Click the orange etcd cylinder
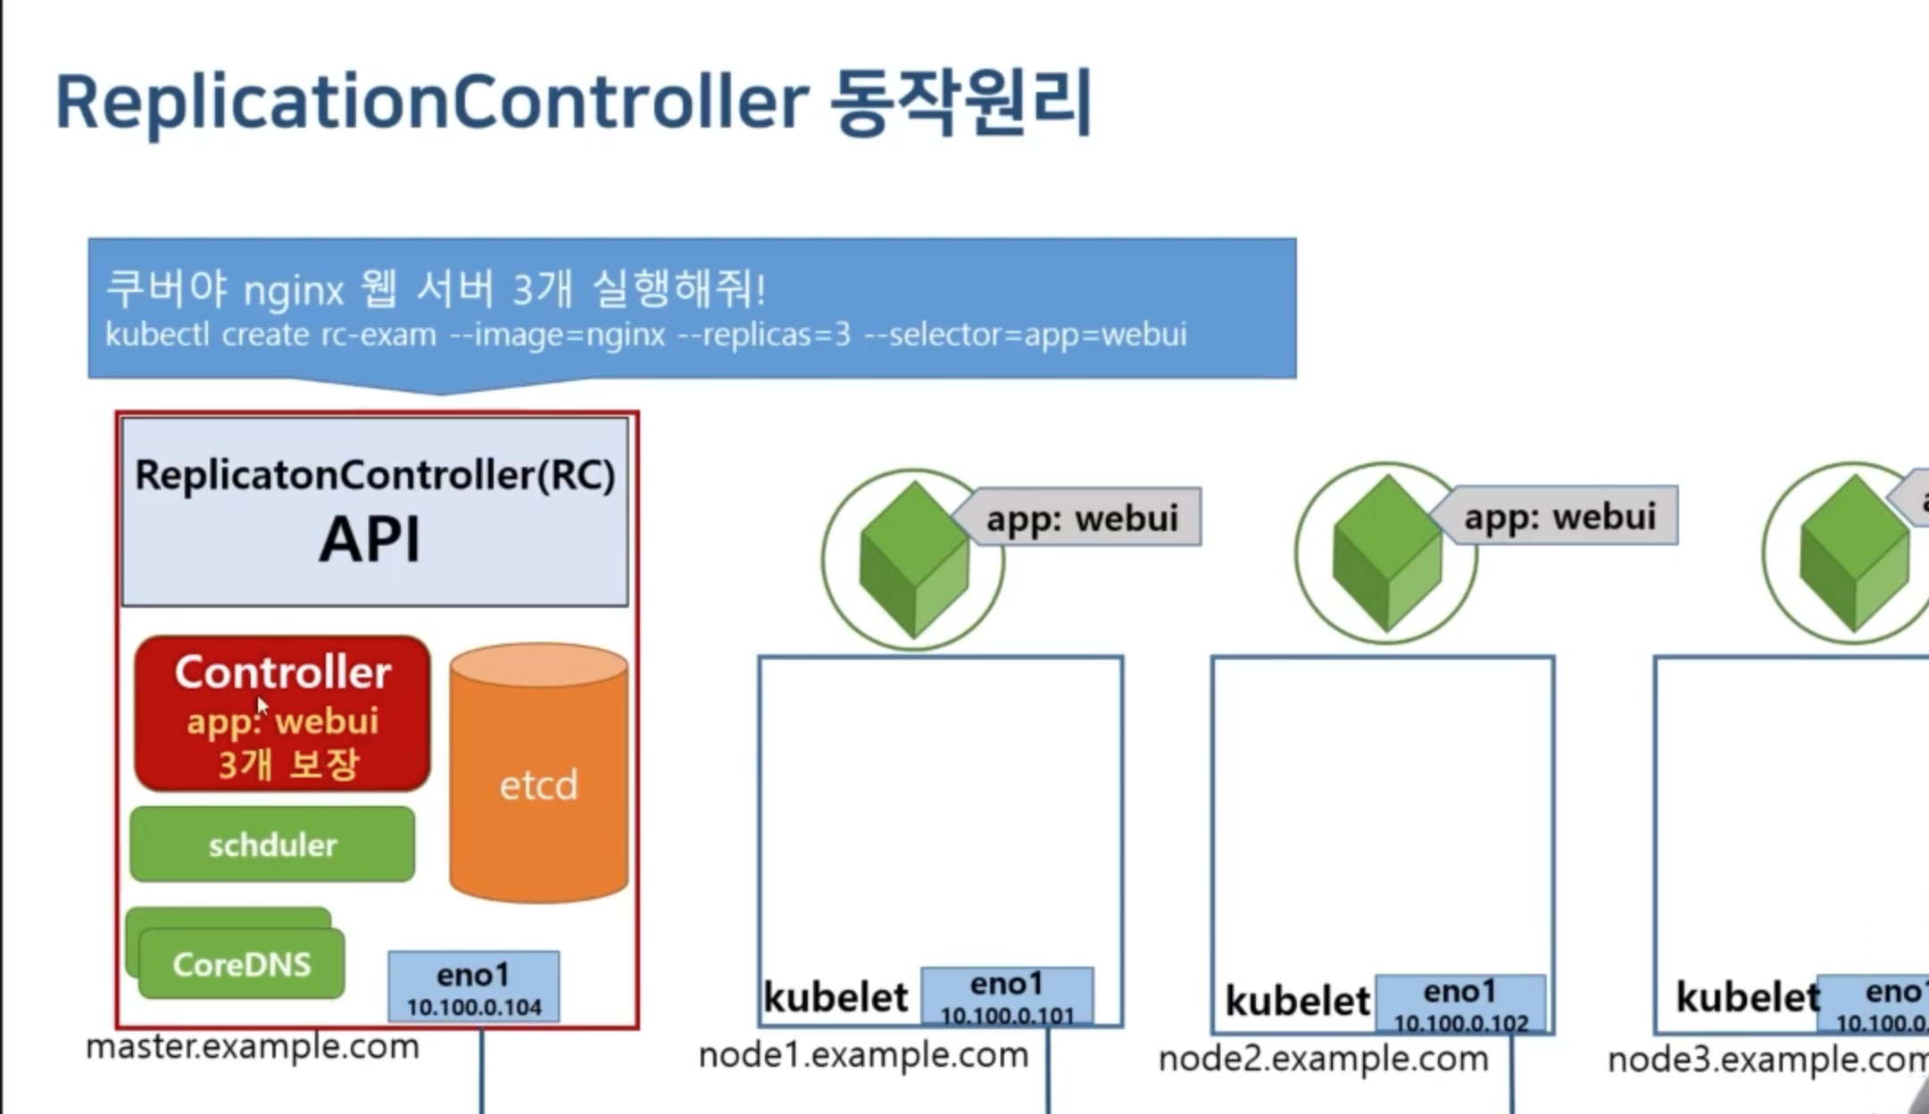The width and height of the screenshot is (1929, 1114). point(538,777)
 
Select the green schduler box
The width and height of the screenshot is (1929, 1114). point(272,844)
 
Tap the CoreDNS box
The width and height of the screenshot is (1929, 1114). point(241,964)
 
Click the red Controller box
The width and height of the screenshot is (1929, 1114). point(282,714)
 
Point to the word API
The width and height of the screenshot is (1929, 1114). point(370,540)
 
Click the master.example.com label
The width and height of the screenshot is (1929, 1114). point(253,1046)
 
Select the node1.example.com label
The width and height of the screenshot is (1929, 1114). point(863,1055)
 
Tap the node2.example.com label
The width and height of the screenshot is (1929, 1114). point(1323,1059)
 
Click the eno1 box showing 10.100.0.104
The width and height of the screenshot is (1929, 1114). point(474,987)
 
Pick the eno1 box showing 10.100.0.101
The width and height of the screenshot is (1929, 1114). point(1007,997)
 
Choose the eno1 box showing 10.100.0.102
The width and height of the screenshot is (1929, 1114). point(1460,1004)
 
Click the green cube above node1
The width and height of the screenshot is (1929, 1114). point(913,560)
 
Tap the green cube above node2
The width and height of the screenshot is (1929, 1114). point(1386,553)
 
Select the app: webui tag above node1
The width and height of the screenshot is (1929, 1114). point(1081,518)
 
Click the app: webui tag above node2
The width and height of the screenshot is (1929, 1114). point(1559,516)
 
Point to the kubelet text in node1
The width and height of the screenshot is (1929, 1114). point(836,997)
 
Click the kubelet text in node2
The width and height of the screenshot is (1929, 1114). point(1297,1001)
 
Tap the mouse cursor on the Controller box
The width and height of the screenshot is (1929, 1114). point(262,705)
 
